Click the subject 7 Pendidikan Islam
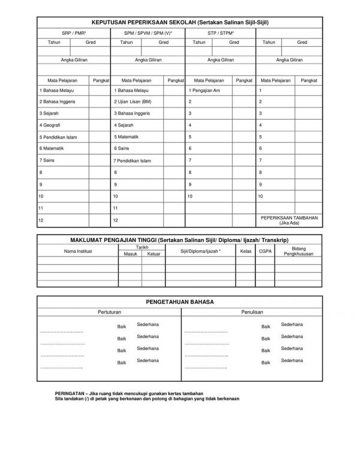[x=136, y=161]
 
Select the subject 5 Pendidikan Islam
[x=58, y=137]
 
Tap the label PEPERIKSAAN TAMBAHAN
[x=293, y=217]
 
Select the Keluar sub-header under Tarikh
[x=154, y=254]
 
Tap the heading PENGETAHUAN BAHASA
[x=180, y=302]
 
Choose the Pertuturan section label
[x=109, y=312]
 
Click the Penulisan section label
[x=250, y=312]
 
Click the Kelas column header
[x=245, y=252]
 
